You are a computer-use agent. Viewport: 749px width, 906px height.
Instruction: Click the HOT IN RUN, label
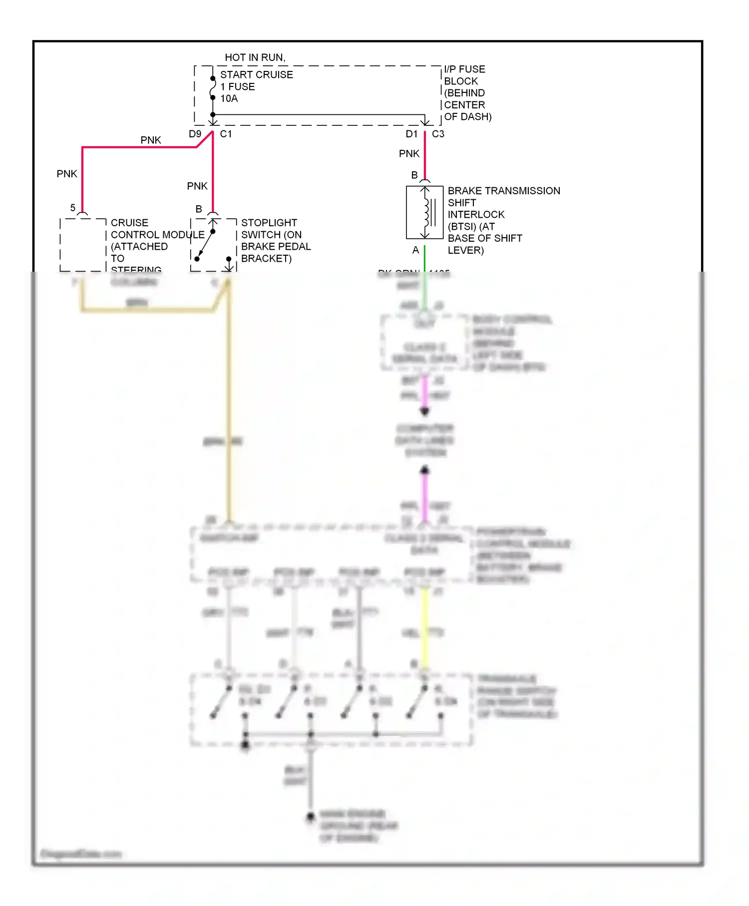255,57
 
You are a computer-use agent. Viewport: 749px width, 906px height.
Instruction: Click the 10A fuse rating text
229,98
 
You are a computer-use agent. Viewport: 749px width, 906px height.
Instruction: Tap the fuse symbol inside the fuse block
213,88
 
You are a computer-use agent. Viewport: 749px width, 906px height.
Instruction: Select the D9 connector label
195,134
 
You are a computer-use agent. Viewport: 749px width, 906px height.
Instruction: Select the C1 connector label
226,134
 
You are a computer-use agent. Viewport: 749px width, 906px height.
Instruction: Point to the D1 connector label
411,134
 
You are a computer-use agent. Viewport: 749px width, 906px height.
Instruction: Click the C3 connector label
438,134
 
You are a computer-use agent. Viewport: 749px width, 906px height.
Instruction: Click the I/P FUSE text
464,69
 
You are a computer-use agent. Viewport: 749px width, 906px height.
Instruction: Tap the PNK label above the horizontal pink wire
150,140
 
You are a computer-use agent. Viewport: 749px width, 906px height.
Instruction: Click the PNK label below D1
409,154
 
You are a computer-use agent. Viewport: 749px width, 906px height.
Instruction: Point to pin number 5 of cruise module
73,208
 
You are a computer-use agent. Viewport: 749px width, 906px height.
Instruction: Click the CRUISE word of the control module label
129,223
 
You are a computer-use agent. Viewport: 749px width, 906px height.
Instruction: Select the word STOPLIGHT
269,223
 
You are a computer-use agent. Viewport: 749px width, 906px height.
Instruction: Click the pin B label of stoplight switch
199,209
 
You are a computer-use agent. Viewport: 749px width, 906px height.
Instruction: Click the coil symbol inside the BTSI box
427,212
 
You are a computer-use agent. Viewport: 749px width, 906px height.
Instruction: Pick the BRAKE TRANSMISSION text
503,191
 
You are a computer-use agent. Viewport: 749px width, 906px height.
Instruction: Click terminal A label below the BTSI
415,250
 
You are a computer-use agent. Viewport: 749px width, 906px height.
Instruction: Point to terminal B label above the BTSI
414,175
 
